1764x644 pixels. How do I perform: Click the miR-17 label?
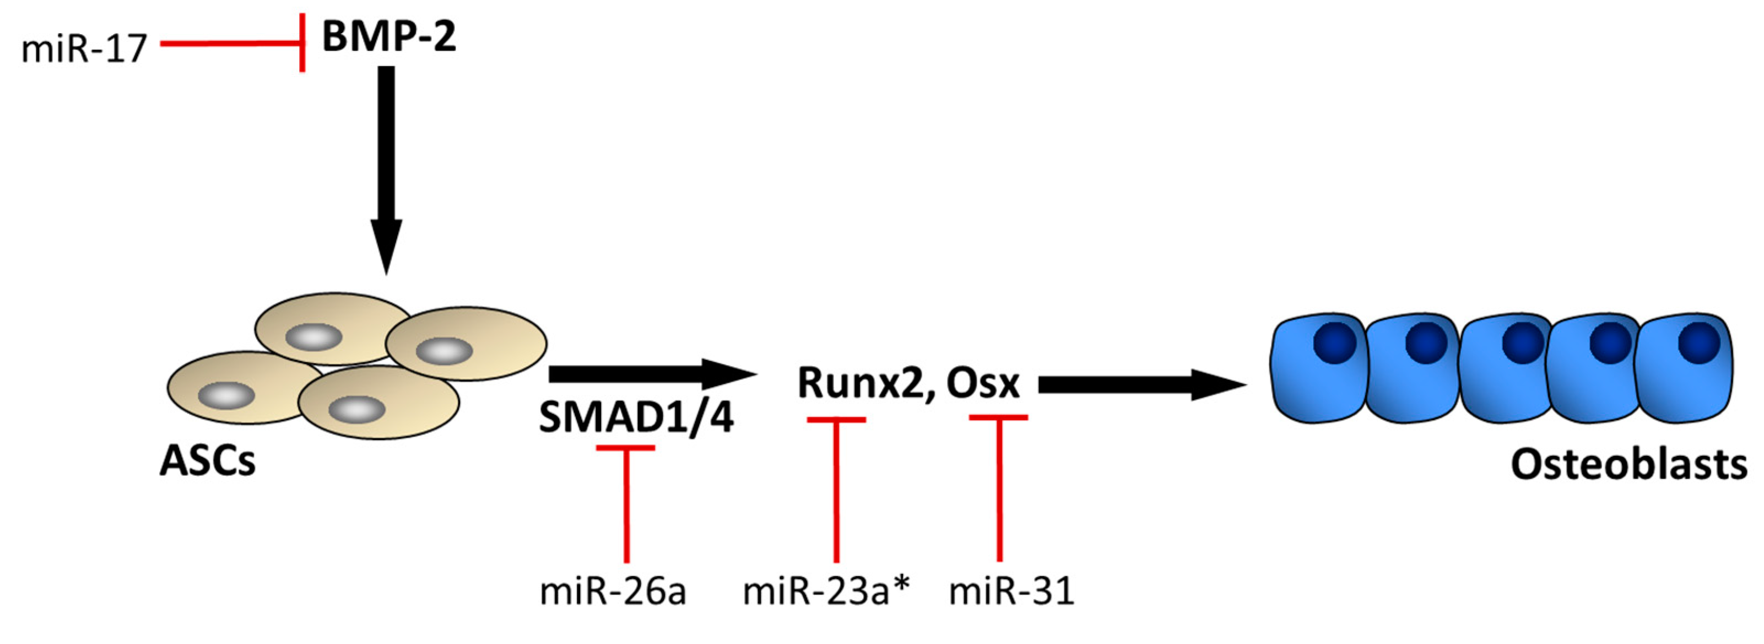(x=84, y=49)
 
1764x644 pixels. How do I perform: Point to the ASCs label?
(x=208, y=460)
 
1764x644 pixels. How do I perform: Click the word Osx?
(x=983, y=383)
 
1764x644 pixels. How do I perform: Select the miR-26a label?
(x=613, y=591)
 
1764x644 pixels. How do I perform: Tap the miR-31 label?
(x=1011, y=591)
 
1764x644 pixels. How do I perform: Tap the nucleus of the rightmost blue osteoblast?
(x=1699, y=342)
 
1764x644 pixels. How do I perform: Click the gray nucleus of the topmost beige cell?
(x=313, y=337)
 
